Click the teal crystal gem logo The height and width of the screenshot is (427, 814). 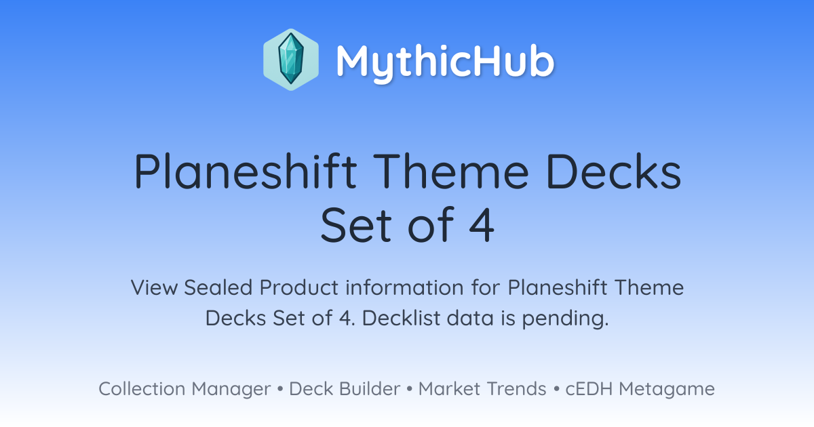291,60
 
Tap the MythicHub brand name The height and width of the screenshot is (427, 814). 445,62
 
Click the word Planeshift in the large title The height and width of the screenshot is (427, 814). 246,171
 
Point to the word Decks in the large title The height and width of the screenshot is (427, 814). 613,171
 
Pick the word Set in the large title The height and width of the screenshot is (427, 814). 355,225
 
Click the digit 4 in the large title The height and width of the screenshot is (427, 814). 482,225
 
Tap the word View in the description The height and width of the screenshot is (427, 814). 155,287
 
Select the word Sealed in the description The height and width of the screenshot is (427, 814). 218,287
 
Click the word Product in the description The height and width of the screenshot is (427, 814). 298,287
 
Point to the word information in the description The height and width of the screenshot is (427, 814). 404,287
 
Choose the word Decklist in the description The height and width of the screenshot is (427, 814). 401,318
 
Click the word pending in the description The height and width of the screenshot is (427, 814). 565,319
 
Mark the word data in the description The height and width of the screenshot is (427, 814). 470,318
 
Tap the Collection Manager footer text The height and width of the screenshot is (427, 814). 185,389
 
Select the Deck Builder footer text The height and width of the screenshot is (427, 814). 345,389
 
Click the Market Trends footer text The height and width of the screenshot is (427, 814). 482,389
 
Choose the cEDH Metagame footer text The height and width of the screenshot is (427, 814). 640,389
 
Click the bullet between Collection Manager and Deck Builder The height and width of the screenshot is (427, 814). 280,389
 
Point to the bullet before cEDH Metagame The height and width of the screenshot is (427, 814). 556,389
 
